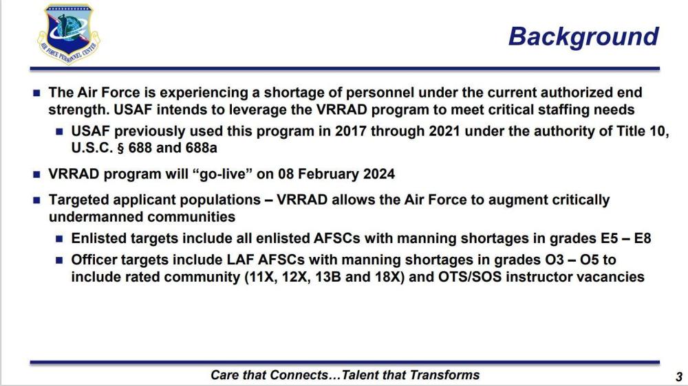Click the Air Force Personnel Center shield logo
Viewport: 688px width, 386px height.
pyautogui.click(x=69, y=34)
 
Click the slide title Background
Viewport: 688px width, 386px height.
pyautogui.click(x=583, y=36)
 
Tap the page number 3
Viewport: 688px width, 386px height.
pyautogui.click(x=679, y=376)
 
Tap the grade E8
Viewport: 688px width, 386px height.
pyautogui.click(x=643, y=238)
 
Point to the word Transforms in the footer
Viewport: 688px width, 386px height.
pyautogui.click(x=445, y=375)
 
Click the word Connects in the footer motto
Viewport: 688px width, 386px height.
pyautogui.click(x=299, y=375)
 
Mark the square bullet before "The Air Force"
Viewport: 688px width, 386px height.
pyautogui.click(x=37, y=93)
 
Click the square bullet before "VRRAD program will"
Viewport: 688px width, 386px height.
pyautogui.click(x=37, y=175)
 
